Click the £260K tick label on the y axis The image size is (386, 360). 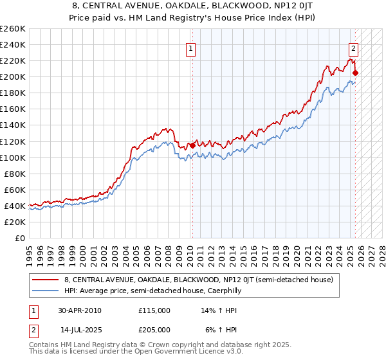click(12, 29)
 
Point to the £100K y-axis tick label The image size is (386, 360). click(12, 157)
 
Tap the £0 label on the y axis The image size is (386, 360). click(19, 238)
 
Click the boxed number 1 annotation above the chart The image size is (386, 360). click(192, 47)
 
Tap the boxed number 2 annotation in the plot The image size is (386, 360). click(353, 47)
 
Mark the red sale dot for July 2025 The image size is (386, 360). click(356, 73)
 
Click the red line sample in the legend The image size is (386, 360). click(46, 280)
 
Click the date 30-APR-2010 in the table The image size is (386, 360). click(79, 310)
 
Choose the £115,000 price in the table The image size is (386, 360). click(154, 310)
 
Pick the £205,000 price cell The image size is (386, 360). click(154, 329)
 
